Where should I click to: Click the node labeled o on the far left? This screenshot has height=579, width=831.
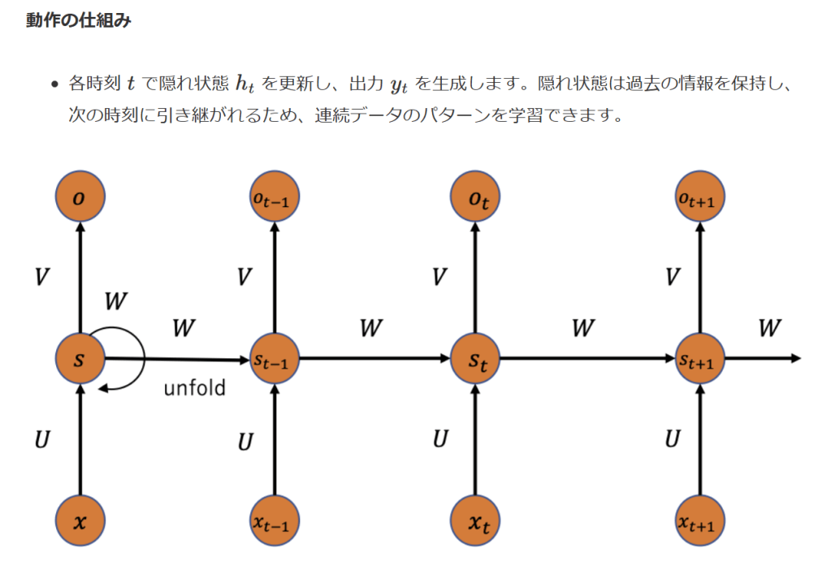click(80, 196)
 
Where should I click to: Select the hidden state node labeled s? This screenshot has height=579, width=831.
click(80, 359)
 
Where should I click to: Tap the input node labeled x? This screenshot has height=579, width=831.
click(80, 521)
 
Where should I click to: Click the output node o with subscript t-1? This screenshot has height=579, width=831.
click(275, 196)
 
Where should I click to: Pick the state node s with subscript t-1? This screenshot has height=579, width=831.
click(275, 359)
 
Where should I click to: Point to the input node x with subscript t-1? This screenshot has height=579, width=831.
click(275, 521)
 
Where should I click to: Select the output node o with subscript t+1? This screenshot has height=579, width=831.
click(700, 196)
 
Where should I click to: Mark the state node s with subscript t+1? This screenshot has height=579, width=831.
click(700, 359)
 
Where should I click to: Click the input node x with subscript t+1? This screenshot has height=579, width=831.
click(700, 521)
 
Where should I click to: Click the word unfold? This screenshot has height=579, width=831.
click(195, 388)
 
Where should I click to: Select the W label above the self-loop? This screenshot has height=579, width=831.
click(116, 302)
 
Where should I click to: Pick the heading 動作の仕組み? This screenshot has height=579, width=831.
click(78, 21)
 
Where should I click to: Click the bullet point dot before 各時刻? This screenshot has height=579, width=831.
click(54, 84)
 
